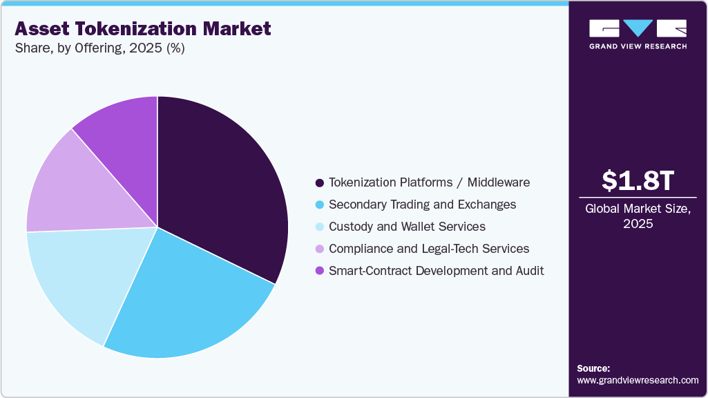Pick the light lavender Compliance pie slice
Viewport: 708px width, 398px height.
click(x=69, y=187)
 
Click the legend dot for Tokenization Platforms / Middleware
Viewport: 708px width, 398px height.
click(x=319, y=183)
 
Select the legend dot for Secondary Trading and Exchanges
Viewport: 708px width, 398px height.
click(x=319, y=205)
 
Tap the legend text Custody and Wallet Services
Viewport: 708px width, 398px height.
click(x=407, y=227)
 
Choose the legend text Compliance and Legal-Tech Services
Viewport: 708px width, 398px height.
click(x=429, y=249)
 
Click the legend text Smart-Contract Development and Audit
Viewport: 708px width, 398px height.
click(x=436, y=271)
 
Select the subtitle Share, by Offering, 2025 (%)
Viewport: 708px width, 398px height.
click(x=99, y=49)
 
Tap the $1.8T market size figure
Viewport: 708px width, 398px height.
click(x=637, y=180)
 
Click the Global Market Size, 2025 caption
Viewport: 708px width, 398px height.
click(x=638, y=216)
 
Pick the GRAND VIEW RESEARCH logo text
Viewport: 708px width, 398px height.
click(x=638, y=46)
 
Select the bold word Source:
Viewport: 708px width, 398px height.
click(x=593, y=368)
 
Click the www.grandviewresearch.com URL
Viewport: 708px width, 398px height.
click(x=638, y=380)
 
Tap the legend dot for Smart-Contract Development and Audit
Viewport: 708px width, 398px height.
click(x=319, y=271)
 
